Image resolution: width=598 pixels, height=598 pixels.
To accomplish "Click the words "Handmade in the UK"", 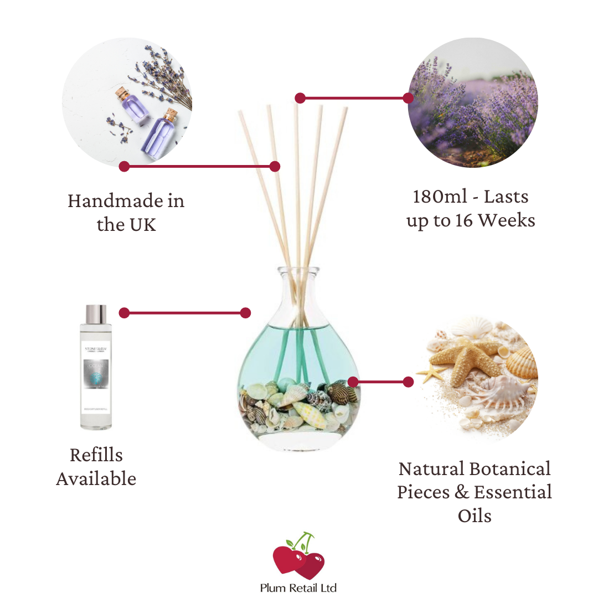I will (126, 212).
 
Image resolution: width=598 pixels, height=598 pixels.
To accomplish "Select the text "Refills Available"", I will (96, 466).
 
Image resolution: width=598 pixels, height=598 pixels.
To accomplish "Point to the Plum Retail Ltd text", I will (298, 587).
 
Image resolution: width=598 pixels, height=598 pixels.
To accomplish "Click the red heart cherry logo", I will (298, 559).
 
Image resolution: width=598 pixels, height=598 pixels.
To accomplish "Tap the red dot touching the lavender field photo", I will (408, 98).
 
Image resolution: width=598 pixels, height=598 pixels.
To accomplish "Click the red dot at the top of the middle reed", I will (300, 98).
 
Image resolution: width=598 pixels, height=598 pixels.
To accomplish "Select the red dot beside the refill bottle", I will (124, 313).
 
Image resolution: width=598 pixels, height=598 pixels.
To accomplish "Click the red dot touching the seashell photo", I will (408, 382).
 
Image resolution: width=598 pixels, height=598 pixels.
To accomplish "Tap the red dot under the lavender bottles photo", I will (124, 166).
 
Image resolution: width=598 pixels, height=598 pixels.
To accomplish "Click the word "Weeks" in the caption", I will (507, 220).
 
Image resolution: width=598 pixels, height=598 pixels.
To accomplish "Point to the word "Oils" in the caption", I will (475, 515).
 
